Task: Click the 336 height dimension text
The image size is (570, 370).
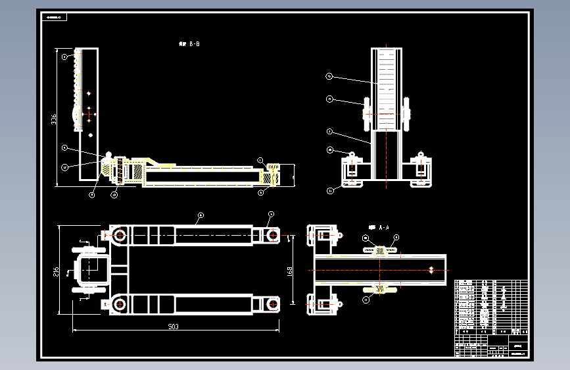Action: click(54, 119)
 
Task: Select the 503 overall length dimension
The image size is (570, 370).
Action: click(173, 325)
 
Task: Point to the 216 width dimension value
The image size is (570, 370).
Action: click(57, 271)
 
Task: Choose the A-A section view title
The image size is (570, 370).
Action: click(381, 226)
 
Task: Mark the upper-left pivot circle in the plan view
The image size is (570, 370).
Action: click(120, 234)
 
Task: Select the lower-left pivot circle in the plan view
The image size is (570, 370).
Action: click(120, 304)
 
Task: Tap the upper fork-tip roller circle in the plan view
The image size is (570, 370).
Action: click(273, 234)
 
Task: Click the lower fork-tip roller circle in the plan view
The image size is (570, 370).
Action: click(273, 304)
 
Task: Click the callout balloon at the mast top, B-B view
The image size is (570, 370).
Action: click(64, 57)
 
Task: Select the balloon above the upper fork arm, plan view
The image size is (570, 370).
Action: click(201, 215)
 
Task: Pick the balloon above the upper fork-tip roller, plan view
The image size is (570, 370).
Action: click(270, 214)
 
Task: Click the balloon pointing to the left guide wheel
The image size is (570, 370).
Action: click(330, 99)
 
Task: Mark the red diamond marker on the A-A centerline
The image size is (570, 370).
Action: click(430, 269)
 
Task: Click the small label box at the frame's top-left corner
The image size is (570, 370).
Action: click(53, 18)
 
